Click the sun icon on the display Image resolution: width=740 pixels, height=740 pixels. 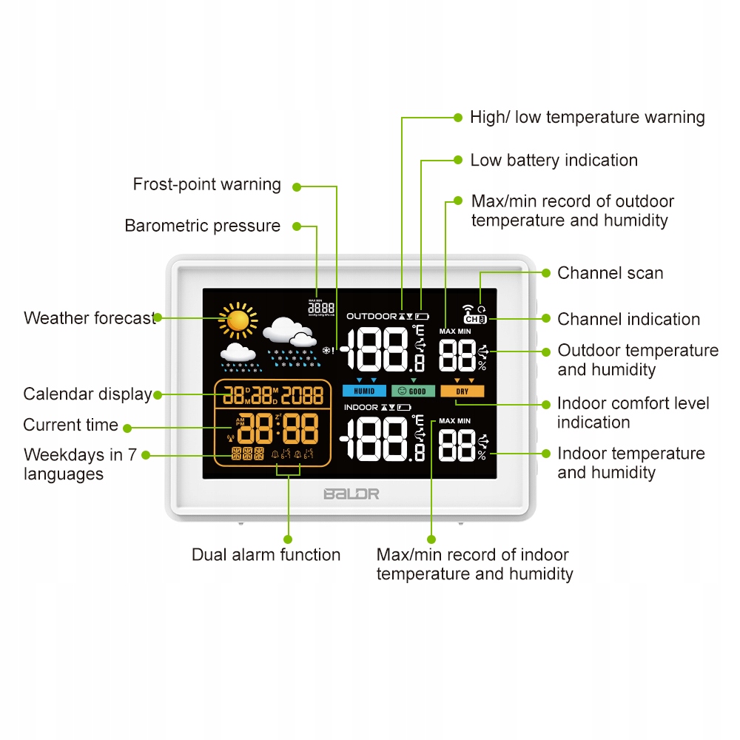[238, 320]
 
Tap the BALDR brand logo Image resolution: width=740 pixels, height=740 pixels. [351, 494]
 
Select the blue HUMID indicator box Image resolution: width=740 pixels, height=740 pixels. [364, 391]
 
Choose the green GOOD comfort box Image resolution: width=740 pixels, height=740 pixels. [413, 391]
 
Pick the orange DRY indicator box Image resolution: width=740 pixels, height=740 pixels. [462, 391]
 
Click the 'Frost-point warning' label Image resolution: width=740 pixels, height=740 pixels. [206, 184]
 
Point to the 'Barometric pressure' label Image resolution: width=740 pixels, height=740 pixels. [202, 226]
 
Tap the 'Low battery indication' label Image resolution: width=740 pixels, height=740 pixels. [554, 160]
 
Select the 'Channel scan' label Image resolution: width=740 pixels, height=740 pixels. [610, 273]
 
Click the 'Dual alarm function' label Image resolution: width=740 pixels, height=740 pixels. [266, 554]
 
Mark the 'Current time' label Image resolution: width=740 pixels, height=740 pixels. [70, 425]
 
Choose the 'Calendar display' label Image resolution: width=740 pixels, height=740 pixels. [87, 394]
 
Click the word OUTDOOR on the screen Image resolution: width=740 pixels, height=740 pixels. [371, 316]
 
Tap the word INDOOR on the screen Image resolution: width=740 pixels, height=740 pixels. [361, 407]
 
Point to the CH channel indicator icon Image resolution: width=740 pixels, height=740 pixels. [475, 320]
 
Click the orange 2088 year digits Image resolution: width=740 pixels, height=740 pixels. [302, 394]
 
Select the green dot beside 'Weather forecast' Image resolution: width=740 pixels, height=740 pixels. [158, 317]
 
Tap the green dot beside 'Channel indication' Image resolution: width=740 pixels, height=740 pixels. [545, 319]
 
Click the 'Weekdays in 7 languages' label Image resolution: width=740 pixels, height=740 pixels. [80, 464]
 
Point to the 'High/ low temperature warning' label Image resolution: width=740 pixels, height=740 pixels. [587, 117]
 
